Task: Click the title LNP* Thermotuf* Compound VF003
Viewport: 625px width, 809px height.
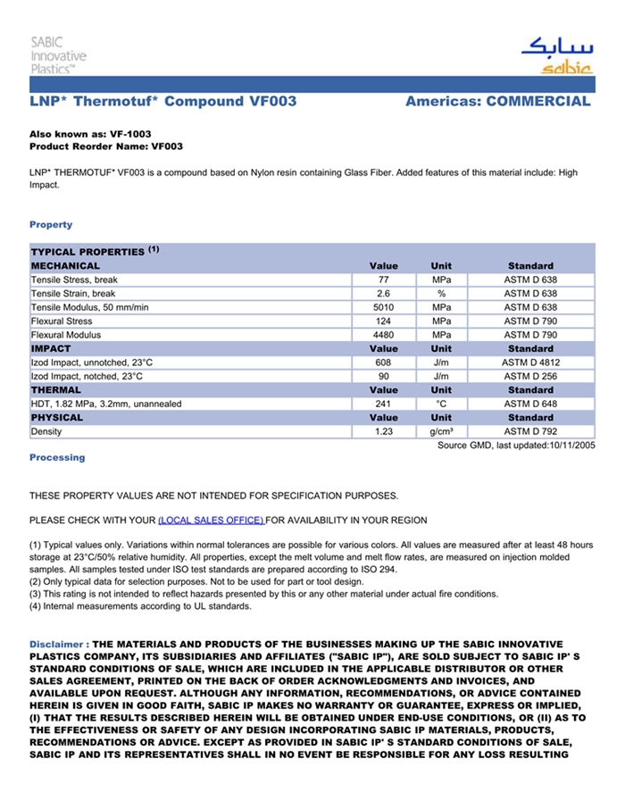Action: click(163, 102)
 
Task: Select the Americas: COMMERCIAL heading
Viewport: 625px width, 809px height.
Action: click(497, 102)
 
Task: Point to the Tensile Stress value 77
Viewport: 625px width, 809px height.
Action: click(384, 280)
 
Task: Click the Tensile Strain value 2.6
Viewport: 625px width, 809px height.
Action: click(384, 294)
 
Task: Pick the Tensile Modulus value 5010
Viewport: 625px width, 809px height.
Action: click(384, 308)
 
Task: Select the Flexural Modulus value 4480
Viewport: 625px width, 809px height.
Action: click(384, 336)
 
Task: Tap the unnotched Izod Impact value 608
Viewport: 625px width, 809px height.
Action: click(384, 363)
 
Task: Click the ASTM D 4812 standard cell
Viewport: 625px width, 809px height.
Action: click(530, 363)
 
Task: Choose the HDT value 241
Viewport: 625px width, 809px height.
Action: click(384, 404)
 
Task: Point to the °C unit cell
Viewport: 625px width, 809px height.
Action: click(441, 404)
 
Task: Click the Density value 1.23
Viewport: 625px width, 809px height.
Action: click(384, 432)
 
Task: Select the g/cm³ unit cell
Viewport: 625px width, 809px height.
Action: click(441, 432)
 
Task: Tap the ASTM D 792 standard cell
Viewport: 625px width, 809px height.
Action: click(530, 432)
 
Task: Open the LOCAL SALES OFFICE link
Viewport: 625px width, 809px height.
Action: click(211, 521)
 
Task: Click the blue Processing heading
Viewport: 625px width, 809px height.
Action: click(57, 458)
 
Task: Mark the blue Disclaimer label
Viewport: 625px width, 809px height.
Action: click(58, 644)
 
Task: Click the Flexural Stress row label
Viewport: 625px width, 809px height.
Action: click(62, 321)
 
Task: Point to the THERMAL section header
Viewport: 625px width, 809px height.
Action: click(56, 390)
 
